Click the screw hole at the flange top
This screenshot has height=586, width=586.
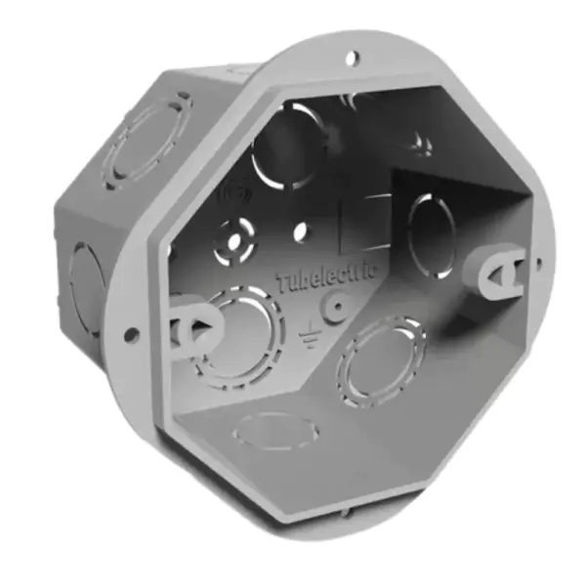pos(353,60)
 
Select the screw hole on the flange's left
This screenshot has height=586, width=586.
pos(130,335)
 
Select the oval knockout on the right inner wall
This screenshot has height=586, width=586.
pos(431,234)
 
